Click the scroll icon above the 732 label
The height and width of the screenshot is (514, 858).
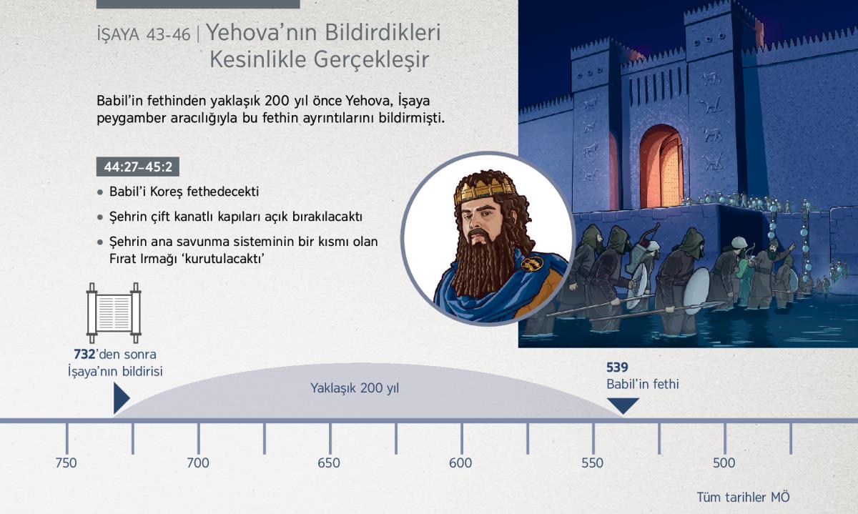click(x=114, y=313)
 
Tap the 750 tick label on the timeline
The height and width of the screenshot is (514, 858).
click(x=66, y=463)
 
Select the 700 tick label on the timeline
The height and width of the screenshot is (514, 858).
click(x=197, y=463)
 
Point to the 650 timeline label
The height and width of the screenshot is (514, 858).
click(x=329, y=463)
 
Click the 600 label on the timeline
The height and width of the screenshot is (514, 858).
click(x=460, y=463)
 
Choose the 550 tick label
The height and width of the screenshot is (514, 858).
click(x=592, y=463)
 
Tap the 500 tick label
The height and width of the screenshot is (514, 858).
click(x=724, y=463)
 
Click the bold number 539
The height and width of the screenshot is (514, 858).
click(x=617, y=367)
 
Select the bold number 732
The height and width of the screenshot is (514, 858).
click(x=84, y=355)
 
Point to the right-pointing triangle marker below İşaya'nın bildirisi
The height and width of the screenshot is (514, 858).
click(x=121, y=398)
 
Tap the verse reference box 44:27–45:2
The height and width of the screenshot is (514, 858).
click(x=138, y=167)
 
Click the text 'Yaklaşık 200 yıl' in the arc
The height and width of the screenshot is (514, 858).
click(x=355, y=388)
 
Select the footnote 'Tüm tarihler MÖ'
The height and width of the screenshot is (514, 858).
click(x=743, y=497)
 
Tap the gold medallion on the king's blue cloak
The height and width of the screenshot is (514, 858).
click(x=532, y=264)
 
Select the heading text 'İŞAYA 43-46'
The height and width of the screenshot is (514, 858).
click(x=144, y=35)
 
